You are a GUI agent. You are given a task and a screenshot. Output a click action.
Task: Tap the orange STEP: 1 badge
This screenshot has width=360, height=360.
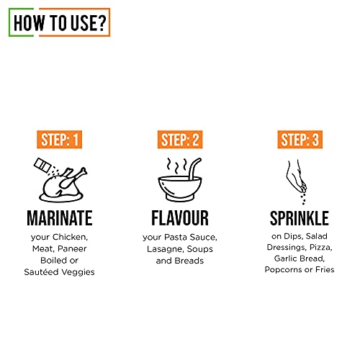tap(61, 140)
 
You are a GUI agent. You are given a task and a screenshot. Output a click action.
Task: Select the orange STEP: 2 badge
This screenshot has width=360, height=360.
tap(180, 140)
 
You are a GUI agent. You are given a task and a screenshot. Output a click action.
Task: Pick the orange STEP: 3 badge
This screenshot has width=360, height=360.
tap(299, 140)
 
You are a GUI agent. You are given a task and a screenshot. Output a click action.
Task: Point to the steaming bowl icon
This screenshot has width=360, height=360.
tap(179, 180)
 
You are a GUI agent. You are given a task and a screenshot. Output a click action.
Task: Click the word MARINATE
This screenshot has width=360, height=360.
tap(61, 218)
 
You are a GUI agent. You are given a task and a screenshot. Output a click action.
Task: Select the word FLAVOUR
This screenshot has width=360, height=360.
tap(180, 218)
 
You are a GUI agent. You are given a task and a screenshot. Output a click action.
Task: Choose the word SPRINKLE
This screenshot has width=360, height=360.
tap(299, 218)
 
